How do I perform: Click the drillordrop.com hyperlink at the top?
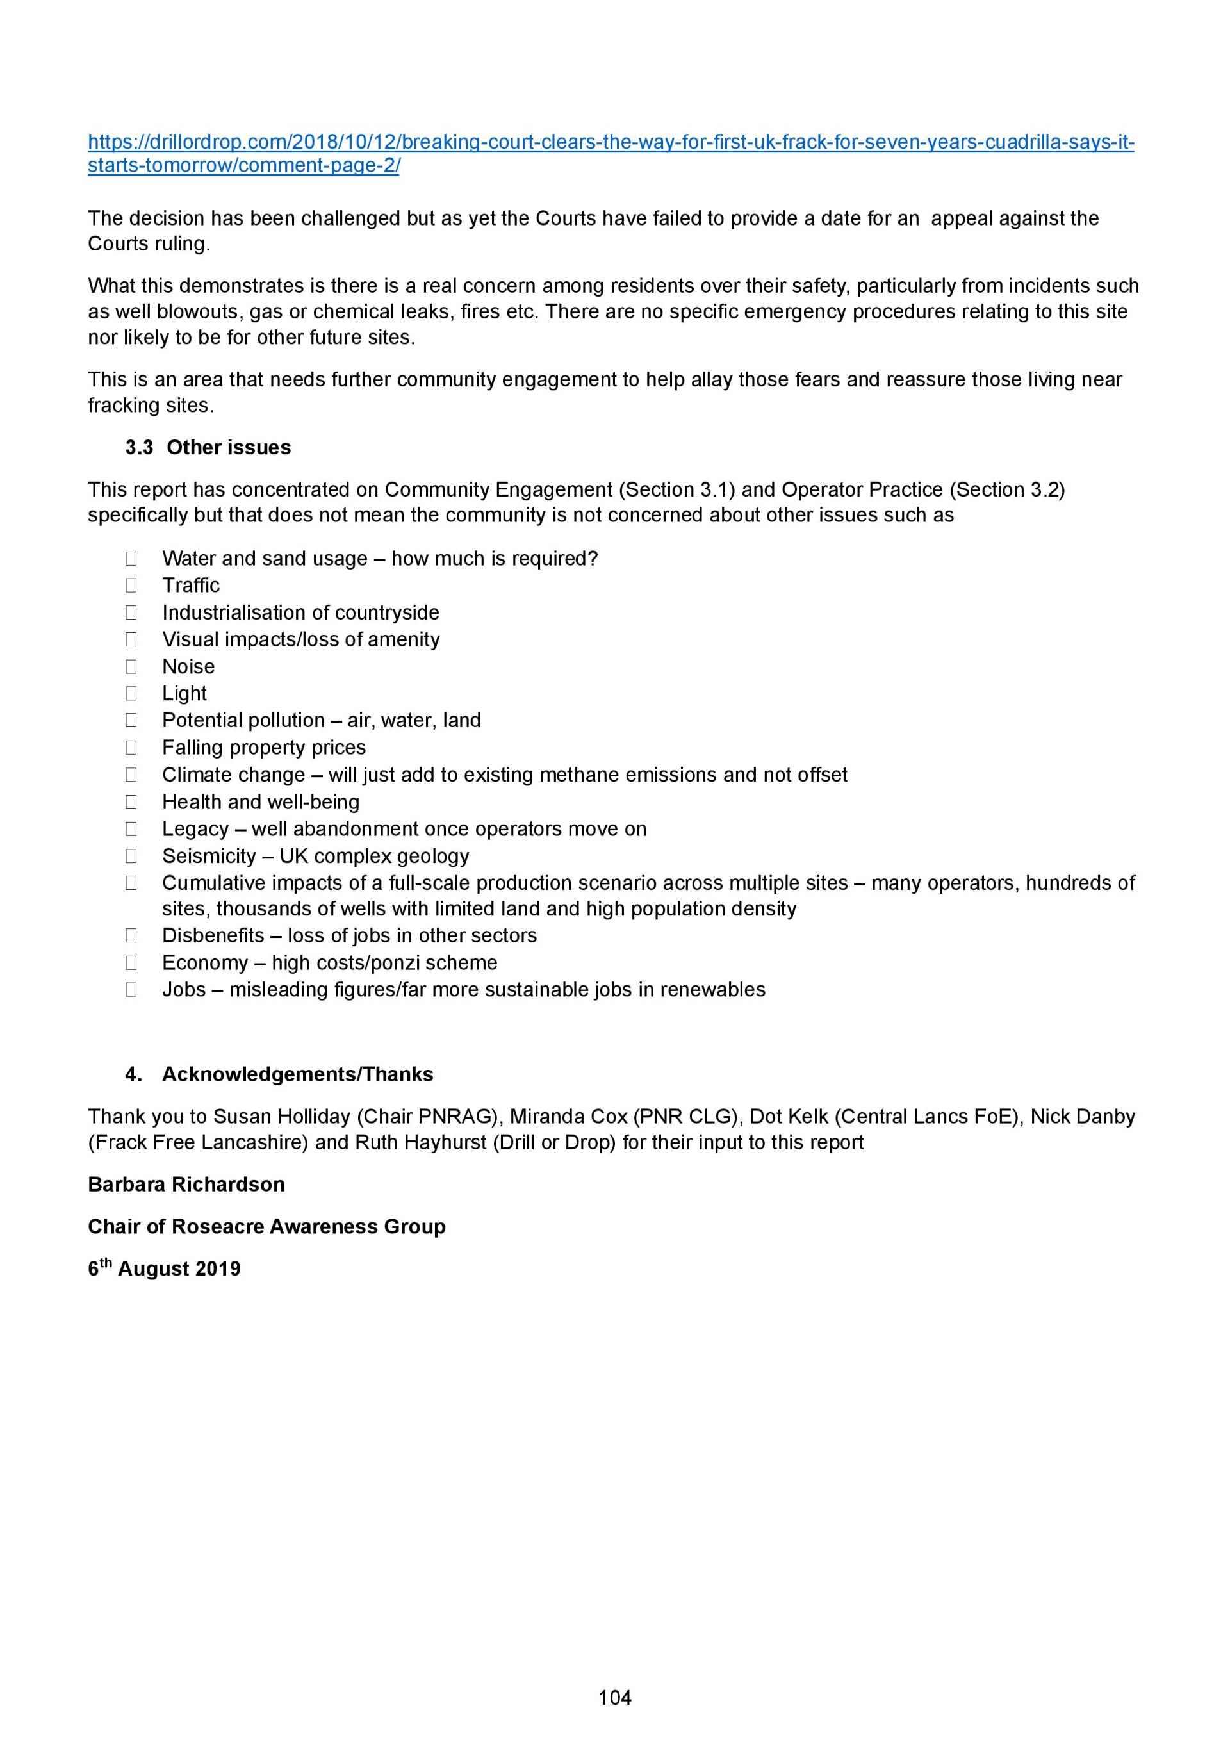[610, 142]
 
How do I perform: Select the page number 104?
[614, 1698]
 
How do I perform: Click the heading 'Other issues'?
[228, 447]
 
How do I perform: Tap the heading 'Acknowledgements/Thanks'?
[297, 1074]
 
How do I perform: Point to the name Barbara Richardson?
[186, 1185]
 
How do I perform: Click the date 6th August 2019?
[164, 1268]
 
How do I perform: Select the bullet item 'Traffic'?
[191, 585]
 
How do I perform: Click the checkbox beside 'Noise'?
[131, 667]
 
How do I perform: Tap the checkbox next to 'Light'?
[131, 693]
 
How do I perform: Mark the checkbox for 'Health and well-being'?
[131, 802]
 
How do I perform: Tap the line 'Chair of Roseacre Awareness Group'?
[266, 1226]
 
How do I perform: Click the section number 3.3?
[140, 447]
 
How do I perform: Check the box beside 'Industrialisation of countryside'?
[131, 612]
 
